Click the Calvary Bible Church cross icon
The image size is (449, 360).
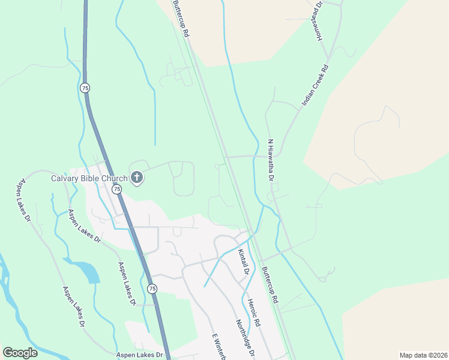[137, 178]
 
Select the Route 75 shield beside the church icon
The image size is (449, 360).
[117, 189]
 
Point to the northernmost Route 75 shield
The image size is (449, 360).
[85, 88]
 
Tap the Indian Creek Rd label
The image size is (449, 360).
[316, 86]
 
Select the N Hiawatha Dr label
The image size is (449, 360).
[271, 160]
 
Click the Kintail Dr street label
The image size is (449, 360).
[243, 262]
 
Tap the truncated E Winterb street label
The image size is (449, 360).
[218, 347]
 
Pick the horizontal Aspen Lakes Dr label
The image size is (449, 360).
[140, 355]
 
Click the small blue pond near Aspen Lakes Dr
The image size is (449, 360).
[90, 273]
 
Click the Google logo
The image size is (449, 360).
[20, 353]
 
